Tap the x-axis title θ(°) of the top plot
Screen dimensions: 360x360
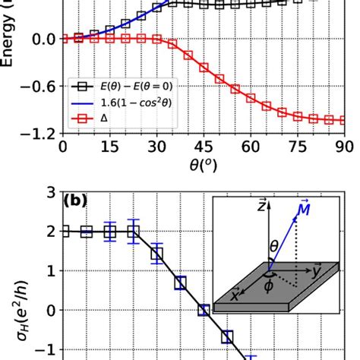click(x=203, y=166)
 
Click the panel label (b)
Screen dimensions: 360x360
click(x=77, y=202)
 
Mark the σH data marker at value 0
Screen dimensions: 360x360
click(x=204, y=310)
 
